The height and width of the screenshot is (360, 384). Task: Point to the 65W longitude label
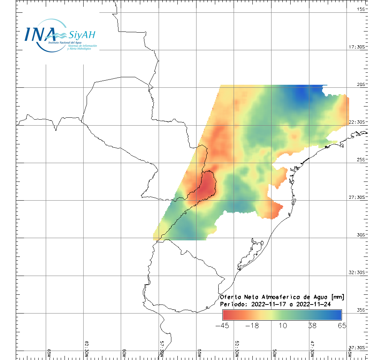(49, 353)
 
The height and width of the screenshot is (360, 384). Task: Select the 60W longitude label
(124, 353)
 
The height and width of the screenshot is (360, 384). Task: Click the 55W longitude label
(199, 353)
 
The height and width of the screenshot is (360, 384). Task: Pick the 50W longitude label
(275, 353)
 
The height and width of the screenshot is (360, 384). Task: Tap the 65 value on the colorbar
(342, 325)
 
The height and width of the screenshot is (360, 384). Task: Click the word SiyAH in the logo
(82, 35)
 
